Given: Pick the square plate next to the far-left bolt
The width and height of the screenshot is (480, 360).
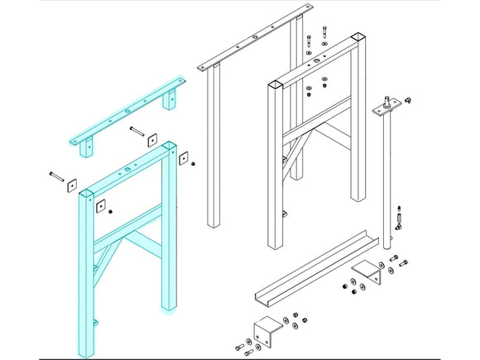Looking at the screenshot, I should (x=72, y=184).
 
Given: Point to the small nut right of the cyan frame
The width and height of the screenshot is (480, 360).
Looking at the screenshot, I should (x=194, y=162).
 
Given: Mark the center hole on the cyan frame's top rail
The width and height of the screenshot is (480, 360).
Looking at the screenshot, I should (x=127, y=170).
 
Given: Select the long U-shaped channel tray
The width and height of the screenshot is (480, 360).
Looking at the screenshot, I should (x=310, y=262).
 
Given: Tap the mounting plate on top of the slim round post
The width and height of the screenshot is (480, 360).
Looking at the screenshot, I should (x=389, y=103).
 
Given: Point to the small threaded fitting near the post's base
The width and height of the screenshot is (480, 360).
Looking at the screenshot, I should (x=401, y=217).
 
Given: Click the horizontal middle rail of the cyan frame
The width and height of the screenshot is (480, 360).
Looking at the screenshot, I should (x=128, y=228).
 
